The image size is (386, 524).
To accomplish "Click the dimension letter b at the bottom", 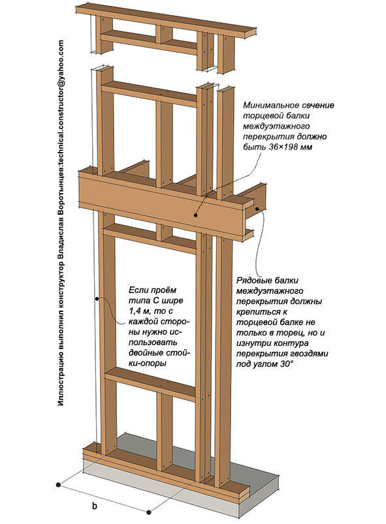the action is (95, 506).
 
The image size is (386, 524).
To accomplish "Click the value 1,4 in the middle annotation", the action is (135, 311).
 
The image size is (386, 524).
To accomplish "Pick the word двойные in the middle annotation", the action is (145, 353).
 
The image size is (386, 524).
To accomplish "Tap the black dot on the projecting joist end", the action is (258, 209).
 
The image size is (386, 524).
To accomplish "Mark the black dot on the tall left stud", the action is (97, 298).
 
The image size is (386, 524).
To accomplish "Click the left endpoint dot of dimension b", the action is (59, 484).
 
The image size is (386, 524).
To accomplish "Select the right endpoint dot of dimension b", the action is (149, 512).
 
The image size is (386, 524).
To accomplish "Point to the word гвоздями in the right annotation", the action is (312, 354).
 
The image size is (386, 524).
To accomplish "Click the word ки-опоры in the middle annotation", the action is (148, 363).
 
